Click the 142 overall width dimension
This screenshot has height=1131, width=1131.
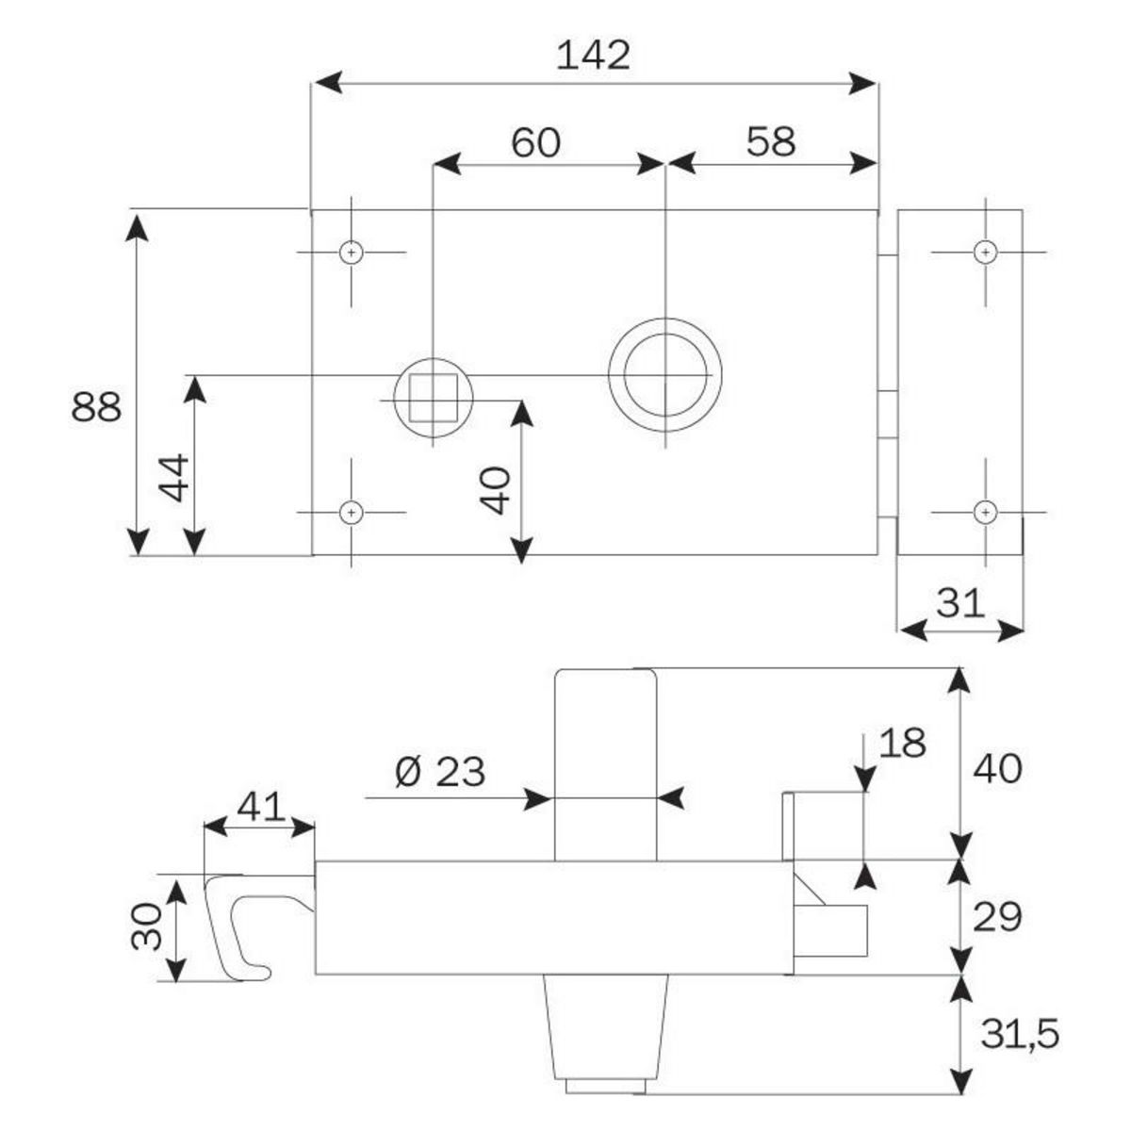(593, 56)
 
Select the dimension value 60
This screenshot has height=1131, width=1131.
(535, 142)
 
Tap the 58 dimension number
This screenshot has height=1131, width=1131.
(771, 141)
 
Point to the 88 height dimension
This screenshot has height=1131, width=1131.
(96, 408)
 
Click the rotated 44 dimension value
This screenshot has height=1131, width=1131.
(174, 478)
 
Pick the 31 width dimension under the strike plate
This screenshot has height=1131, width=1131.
(960, 602)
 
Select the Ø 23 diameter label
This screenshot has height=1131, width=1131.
(439, 773)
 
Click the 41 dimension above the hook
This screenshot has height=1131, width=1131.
(260, 807)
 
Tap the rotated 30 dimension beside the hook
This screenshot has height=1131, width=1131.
(147, 927)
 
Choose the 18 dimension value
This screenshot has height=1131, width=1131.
(902, 743)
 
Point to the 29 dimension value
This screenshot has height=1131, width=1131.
(996, 916)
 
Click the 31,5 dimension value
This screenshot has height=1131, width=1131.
(1019, 1035)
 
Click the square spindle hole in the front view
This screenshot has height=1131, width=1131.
(433, 397)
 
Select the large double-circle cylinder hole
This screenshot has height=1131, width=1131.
(665, 374)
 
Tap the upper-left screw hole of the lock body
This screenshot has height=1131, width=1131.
(352, 253)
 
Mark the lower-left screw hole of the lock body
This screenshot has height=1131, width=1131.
(352, 512)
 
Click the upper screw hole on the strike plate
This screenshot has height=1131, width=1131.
(986, 252)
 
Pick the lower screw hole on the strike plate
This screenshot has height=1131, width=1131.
(986, 512)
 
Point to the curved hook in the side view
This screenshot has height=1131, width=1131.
(236, 924)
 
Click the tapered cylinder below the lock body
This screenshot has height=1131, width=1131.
(605, 1027)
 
